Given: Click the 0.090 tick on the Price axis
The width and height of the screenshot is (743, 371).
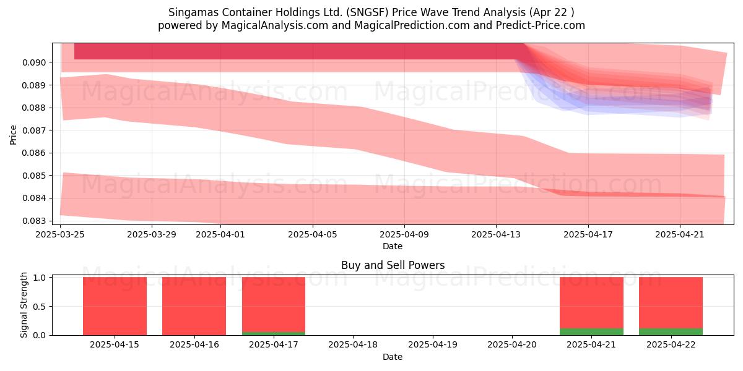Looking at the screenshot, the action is click(x=33, y=62).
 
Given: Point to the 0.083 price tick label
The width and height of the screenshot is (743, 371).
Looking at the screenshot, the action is click(x=33, y=221).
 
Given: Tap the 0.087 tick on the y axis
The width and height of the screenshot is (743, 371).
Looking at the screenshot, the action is click(x=33, y=130).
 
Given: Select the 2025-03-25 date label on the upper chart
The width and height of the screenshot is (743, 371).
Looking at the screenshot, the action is click(x=60, y=234).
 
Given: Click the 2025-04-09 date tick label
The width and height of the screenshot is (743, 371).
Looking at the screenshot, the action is click(x=404, y=234).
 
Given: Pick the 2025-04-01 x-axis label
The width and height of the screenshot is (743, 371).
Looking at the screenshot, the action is click(x=220, y=234).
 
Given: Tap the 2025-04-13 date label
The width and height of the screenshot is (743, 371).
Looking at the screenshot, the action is click(x=496, y=234).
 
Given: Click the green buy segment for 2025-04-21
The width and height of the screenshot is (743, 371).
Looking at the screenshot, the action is click(x=592, y=331).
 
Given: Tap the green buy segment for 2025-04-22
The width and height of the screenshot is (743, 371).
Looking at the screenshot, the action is click(x=671, y=331).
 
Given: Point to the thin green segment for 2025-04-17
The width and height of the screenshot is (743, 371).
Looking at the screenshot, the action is click(x=274, y=333).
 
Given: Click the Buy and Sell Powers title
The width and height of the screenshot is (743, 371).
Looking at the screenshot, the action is click(x=393, y=265).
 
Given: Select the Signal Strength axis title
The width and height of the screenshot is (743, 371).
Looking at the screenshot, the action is click(x=24, y=305).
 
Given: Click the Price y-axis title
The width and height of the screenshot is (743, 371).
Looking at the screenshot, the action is click(x=13, y=135).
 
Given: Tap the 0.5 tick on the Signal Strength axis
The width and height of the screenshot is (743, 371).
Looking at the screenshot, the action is click(x=40, y=307).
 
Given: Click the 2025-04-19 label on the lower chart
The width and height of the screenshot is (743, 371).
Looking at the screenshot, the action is click(x=433, y=345).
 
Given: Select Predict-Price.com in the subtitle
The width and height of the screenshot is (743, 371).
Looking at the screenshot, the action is click(x=541, y=25).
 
